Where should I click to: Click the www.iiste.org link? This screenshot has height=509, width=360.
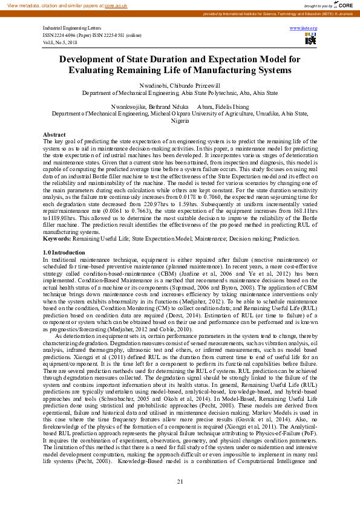(x=304, y=28)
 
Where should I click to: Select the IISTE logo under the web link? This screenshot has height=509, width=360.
(x=310, y=39)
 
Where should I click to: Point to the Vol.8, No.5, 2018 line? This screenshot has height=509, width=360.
(x=61, y=42)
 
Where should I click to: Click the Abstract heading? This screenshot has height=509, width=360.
(x=54, y=134)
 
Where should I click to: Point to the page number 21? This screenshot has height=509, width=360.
(x=180, y=481)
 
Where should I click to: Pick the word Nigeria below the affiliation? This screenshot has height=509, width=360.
(x=180, y=120)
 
